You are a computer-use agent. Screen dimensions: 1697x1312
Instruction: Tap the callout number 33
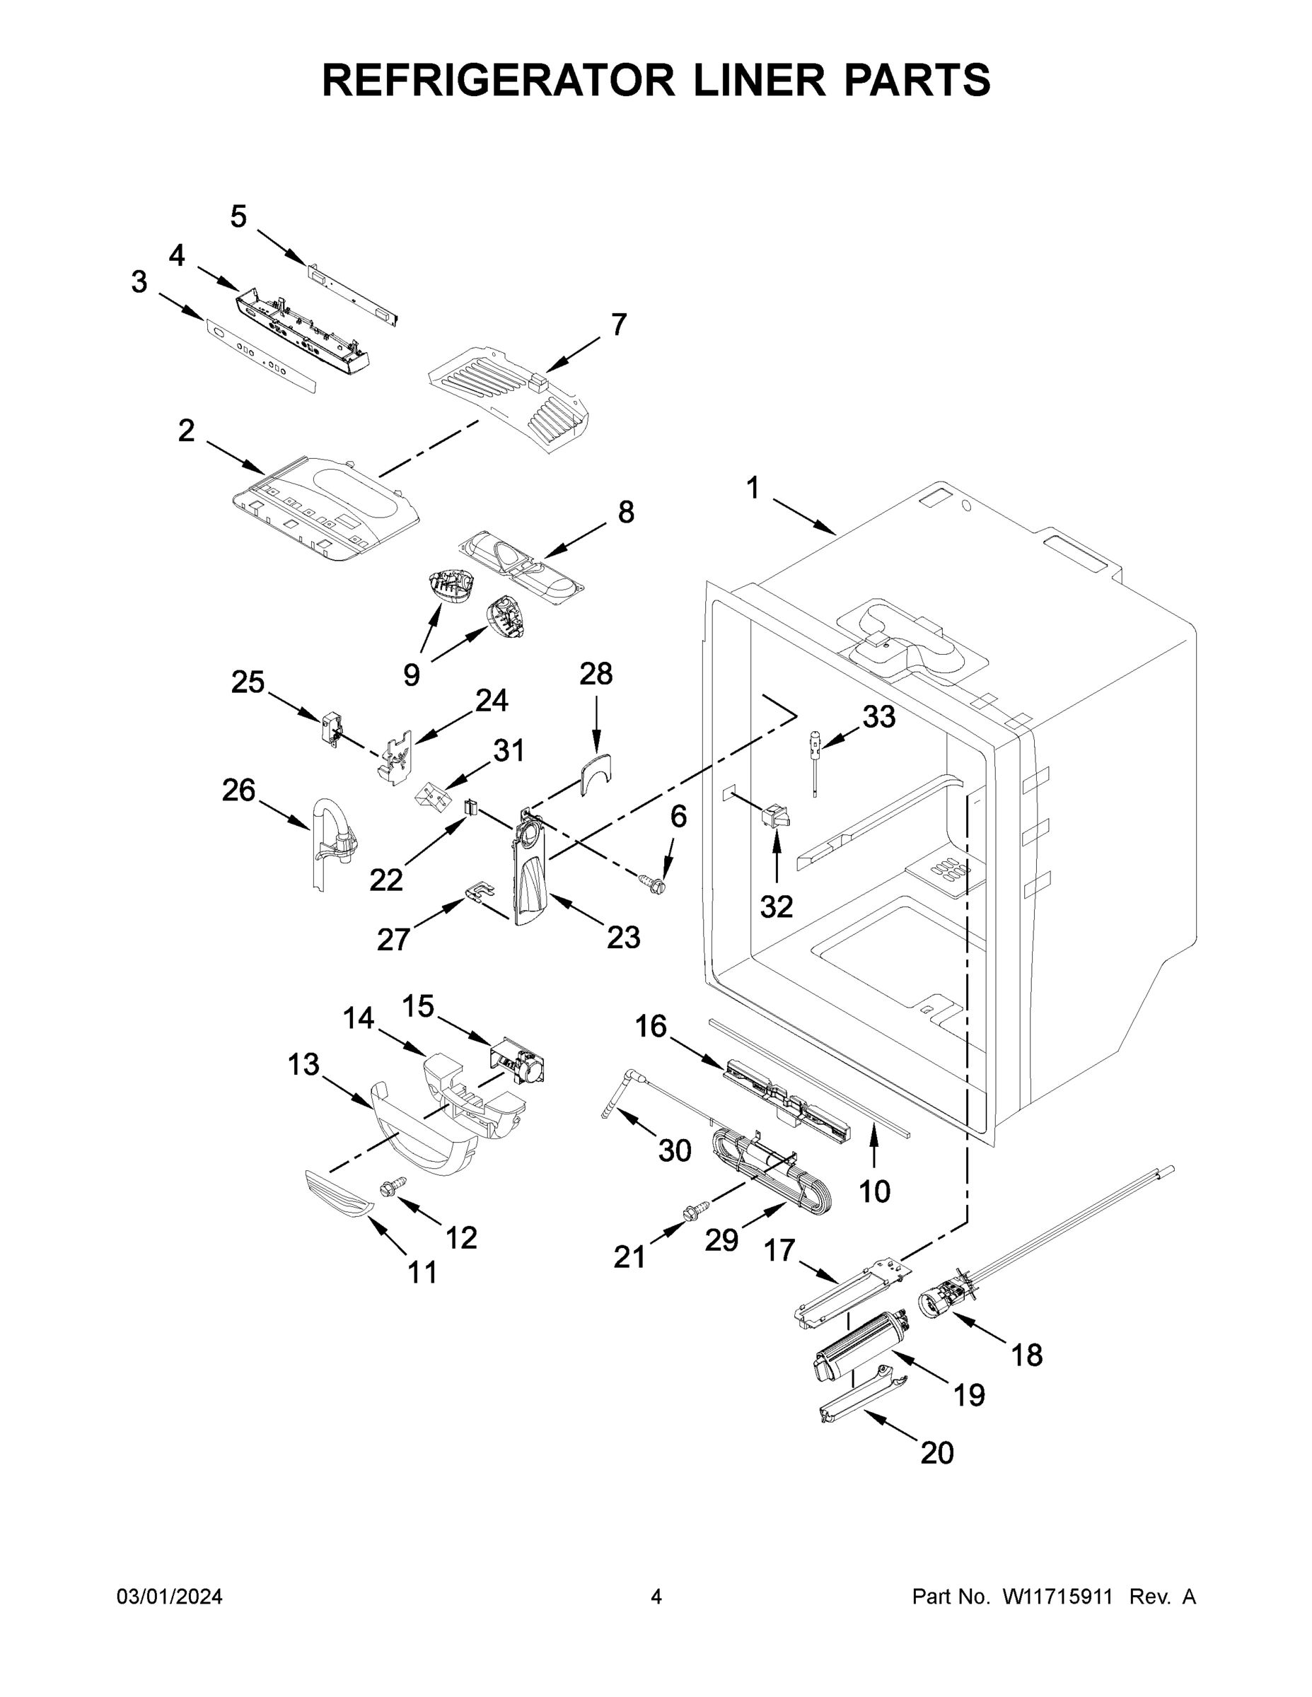pos(879,716)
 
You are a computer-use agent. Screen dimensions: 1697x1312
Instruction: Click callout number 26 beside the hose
pos(238,791)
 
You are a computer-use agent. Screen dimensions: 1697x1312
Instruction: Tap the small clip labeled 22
pos(470,807)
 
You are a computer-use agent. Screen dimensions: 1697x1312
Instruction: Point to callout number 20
pos(936,1452)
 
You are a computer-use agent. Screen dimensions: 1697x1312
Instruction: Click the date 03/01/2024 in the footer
pos(170,1597)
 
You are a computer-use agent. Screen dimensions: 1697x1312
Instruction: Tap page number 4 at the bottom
pos(656,1597)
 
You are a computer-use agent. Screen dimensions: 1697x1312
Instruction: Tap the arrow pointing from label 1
pos(803,518)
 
